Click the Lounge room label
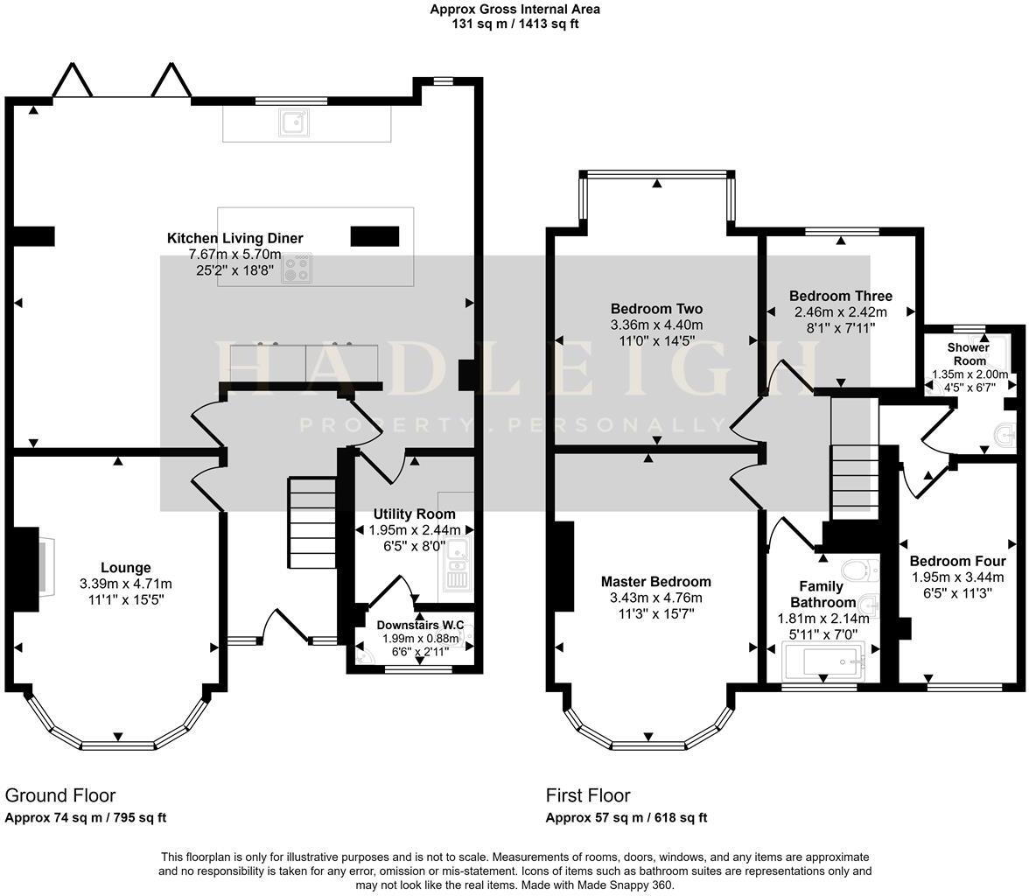tap(125, 568)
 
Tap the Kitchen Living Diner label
tap(234, 238)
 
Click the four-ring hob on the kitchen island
tap(297, 268)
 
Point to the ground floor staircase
tap(312, 521)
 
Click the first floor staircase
tap(853, 481)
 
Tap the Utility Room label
tap(414, 514)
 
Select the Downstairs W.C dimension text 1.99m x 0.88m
tap(420, 639)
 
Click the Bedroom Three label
tap(840, 296)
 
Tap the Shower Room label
tap(969, 353)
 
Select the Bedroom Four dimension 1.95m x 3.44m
tap(957, 577)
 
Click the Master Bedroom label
tap(655, 582)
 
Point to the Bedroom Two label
tap(656, 309)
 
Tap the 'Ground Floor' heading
tap(60, 795)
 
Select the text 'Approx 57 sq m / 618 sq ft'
tap(626, 818)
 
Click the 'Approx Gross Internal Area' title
tap(514, 10)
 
